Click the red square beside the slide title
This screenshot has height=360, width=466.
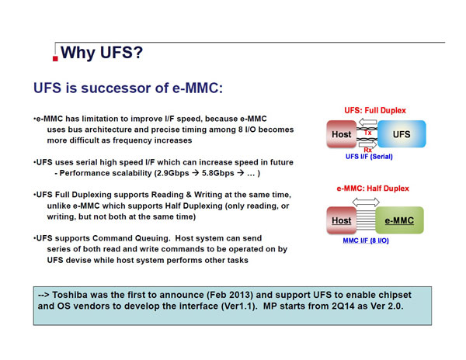(55, 58)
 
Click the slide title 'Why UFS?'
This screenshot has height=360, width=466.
(102, 53)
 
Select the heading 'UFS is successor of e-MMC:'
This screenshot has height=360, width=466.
(128, 88)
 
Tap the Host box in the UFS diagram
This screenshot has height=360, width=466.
(342, 134)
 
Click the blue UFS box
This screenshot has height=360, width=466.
(402, 134)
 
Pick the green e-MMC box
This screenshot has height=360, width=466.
(399, 220)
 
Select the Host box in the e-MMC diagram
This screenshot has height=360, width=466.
(342, 220)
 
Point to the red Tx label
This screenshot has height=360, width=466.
(367, 133)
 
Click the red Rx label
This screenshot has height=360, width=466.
(367, 150)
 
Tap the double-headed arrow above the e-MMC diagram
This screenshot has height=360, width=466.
(366, 202)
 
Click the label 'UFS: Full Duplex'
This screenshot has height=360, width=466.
(375, 110)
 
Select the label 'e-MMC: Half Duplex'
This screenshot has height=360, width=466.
(373, 189)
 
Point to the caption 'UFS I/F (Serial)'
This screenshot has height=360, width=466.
(369, 157)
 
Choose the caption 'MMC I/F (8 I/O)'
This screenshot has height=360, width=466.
(366, 241)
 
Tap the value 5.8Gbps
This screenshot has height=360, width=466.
(217, 173)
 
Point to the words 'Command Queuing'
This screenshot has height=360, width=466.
(131, 238)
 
